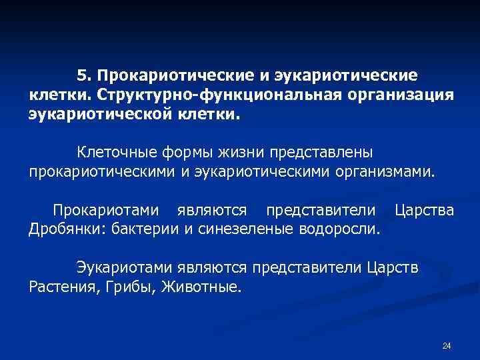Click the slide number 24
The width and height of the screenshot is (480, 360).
(x=447, y=345)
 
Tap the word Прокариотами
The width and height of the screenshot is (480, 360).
(x=106, y=211)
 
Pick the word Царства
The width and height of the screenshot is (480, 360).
(x=425, y=211)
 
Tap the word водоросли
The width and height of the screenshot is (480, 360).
(x=341, y=230)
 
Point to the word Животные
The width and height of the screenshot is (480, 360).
(x=203, y=287)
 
